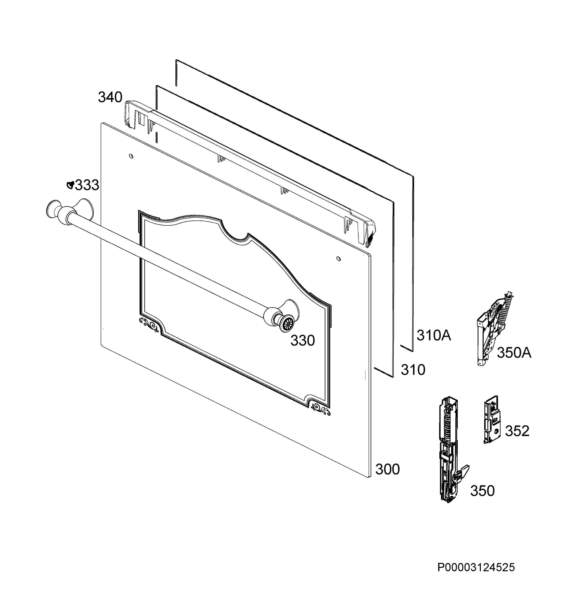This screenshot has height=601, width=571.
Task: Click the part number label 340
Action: (x=110, y=97)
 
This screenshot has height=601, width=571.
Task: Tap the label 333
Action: (x=87, y=185)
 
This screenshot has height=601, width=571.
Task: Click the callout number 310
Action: (x=413, y=370)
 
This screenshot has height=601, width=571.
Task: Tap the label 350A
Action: (x=514, y=353)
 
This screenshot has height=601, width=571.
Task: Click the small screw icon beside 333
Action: (x=70, y=185)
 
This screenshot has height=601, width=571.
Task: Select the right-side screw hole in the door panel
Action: (x=339, y=259)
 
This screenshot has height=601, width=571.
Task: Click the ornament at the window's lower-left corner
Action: (x=149, y=324)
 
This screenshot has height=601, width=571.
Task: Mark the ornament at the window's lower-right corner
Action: (x=320, y=409)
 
